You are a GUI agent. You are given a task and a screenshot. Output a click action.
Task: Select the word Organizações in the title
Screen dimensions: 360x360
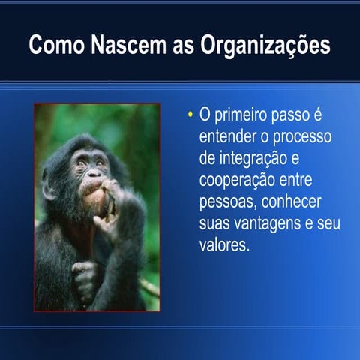click(267, 46)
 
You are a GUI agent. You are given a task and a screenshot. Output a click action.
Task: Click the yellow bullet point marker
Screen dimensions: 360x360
click(190, 115)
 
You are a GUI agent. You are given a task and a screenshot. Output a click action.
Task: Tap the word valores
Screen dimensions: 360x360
click(223, 246)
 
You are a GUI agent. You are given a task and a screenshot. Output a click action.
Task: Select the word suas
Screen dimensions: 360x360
click(216, 224)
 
